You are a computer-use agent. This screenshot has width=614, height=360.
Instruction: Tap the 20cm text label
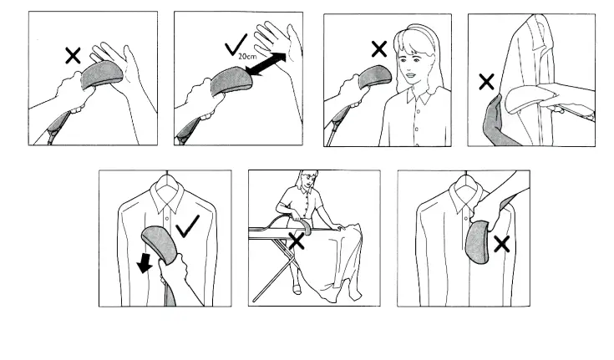click(x=246, y=57)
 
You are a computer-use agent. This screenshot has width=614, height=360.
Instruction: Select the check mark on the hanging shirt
click(x=187, y=225)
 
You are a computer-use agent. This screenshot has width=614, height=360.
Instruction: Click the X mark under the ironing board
click(x=296, y=241)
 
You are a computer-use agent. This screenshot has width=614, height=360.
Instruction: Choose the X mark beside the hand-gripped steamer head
click(x=501, y=244)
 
